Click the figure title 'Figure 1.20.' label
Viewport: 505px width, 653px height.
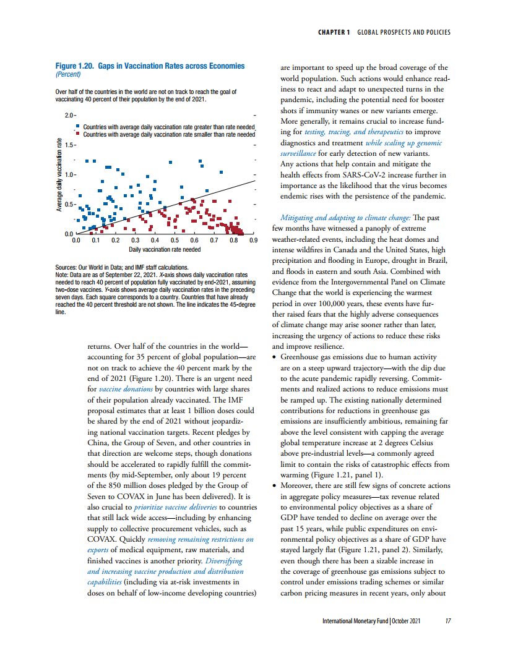tap(75, 66)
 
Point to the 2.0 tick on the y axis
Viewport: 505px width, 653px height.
tap(69, 116)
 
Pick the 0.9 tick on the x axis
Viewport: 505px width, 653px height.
tap(252, 241)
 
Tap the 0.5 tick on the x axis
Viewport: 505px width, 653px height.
tap(175, 241)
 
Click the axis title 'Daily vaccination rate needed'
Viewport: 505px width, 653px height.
tap(165, 249)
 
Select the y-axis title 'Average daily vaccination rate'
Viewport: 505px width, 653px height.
tap(59, 174)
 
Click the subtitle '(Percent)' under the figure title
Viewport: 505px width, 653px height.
tap(69, 74)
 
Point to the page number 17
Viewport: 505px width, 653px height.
tap(447, 620)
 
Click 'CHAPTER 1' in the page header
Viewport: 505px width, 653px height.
tap(334, 32)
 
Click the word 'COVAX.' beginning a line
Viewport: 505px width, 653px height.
tap(102, 540)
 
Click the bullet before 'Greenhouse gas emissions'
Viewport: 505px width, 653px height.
tap(275, 357)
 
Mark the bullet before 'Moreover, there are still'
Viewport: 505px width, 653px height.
tap(275, 486)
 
